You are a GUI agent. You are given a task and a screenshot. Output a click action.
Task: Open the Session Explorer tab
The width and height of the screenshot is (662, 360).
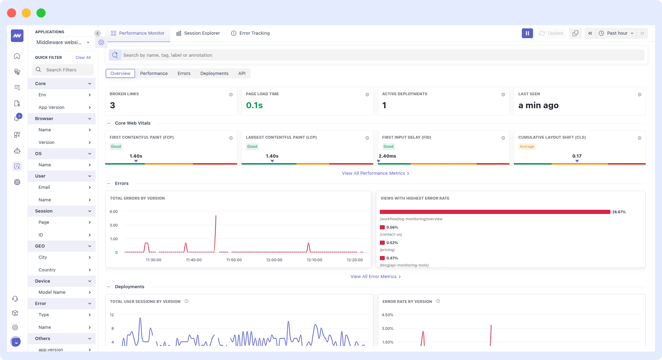pyautogui.click(x=198, y=33)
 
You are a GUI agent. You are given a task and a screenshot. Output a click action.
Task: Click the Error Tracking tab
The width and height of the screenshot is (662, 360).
pyautogui.click(x=251, y=33)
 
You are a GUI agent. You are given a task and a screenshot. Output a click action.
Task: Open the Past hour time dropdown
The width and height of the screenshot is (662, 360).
pyautogui.click(x=617, y=33)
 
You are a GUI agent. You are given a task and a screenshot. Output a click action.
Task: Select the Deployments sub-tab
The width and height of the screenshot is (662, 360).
pyautogui.click(x=214, y=74)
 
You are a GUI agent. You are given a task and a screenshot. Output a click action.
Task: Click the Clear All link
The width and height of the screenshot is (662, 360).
pyautogui.click(x=83, y=57)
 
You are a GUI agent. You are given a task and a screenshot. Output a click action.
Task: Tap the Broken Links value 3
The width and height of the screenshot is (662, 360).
pyautogui.click(x=112, y=105)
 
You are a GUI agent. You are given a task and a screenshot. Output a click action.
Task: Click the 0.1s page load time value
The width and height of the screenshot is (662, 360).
pyautogui.click(x=254, y=105)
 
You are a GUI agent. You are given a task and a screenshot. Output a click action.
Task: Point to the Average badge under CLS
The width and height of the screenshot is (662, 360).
pyautogui.click(x=527, y=147)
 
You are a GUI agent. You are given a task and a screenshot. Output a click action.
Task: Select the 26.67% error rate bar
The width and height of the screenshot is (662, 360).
pyautogui.click(x=494, y=212)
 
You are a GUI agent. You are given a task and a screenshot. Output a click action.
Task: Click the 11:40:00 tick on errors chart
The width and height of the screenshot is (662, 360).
pyautogui.click(x=193, y=260)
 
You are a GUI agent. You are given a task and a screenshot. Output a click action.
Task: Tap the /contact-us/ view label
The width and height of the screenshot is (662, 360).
pyautogui.click(x=391, y=234)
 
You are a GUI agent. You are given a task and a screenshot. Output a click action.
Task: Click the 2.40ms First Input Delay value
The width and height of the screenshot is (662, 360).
pyautogui.click(x=387, y=156)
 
